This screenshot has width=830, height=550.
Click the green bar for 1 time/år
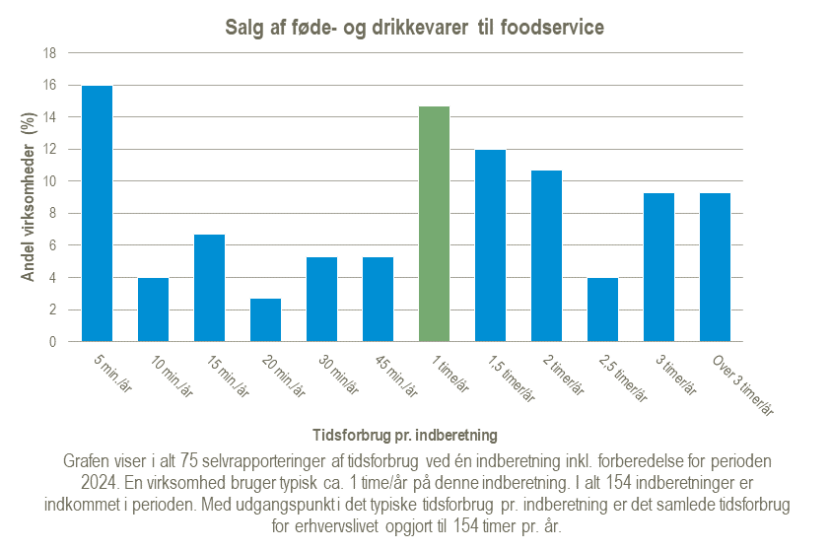click(x=434, y=224)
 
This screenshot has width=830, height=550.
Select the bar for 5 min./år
click(x=97, y=214)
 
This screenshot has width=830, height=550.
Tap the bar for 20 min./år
click(x=265, y=320)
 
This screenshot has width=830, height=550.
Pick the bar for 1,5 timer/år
click(x=490, y=245)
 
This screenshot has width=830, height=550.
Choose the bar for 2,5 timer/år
click(x=602, y=309)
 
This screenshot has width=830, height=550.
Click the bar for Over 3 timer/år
click(x=715, y=267)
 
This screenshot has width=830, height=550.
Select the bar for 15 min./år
click(x=209, y=288)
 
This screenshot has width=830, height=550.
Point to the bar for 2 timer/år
click(x=546, y=256)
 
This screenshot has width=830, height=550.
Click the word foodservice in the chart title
click(x=555, y=28)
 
